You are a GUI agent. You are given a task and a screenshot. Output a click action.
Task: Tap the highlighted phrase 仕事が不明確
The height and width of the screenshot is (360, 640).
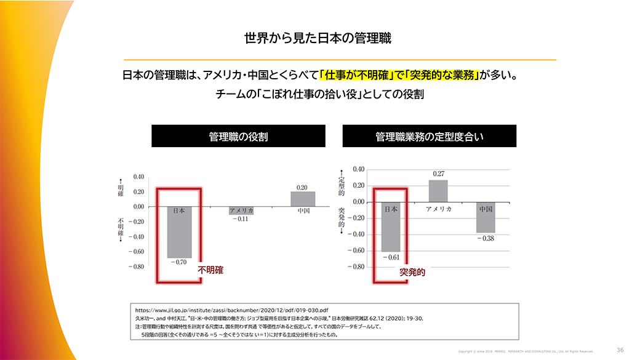(x=357, y=76)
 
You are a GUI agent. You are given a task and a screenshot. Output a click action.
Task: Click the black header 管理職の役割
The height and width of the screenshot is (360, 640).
(x=238, y=136)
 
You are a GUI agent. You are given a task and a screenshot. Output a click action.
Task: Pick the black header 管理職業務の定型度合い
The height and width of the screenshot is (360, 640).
(x=430, y=136)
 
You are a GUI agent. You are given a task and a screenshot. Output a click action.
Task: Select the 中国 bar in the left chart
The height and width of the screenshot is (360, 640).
(x=303, y=199)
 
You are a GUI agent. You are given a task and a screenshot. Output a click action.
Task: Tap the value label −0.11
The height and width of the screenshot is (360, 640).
(x=241, y=219)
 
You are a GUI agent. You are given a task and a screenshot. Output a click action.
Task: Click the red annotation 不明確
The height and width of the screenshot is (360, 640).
(x=210, y=270)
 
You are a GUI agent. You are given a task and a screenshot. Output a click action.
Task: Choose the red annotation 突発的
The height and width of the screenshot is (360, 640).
(x=412, y=271)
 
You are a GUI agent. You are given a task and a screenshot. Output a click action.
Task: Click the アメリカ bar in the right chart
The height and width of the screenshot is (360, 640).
(x=438, y=191)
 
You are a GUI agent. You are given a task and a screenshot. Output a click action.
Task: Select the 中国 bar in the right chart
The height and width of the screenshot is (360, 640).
(x=486, y=217)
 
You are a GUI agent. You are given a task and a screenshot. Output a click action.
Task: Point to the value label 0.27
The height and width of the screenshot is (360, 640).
(x=438, y=174)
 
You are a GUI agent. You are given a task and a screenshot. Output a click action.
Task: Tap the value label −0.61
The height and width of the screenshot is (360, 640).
(x=391, y=257)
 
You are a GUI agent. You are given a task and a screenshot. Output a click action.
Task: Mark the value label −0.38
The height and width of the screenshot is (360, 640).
(x=486, y=238)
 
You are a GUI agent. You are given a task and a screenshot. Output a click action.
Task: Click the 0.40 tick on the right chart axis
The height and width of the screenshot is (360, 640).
(x=358, y=169)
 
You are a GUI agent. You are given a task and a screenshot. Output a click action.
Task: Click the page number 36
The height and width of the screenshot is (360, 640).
(x=620, y=350)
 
